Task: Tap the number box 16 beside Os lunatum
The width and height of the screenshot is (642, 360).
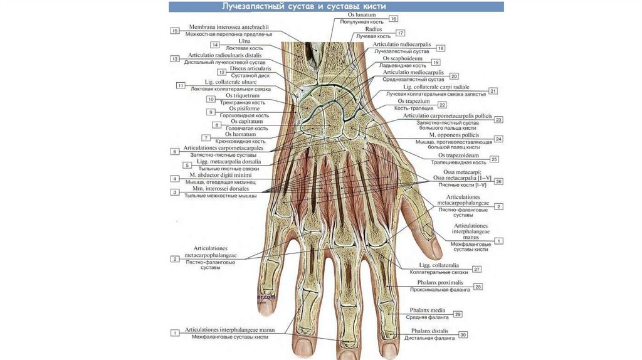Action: pos(393,19)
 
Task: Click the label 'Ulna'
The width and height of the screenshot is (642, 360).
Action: pos(236,41)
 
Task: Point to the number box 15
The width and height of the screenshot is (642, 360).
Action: pos(175,30)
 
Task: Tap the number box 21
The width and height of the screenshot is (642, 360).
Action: pos(493,91)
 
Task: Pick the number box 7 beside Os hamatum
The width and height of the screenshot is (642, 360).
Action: pos(205,137)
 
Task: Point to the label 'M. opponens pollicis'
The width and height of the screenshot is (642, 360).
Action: pos(455,135)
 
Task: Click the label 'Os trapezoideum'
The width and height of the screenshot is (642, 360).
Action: pos(458,155)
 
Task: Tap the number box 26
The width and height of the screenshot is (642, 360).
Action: pos(499,181)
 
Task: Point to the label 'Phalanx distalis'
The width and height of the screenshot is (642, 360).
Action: pos(433,331)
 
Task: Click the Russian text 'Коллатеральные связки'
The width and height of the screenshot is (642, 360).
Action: pos(439,272)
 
